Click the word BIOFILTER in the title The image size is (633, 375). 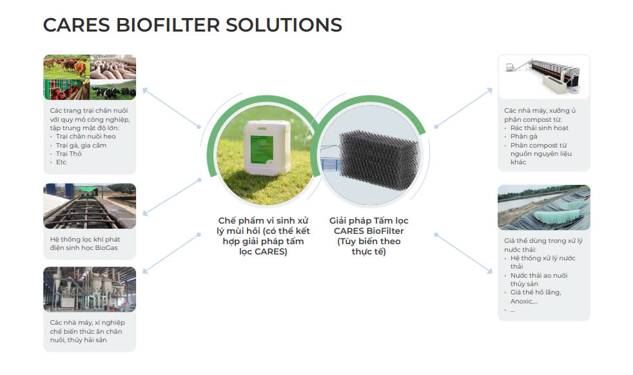[168, 25]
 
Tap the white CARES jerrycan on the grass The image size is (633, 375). [268, 148]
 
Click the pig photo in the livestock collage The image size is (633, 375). [113, 66]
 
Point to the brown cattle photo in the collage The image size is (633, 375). [66, 66]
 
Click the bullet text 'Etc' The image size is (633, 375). [61, 162]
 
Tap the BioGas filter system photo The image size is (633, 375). [90, 206]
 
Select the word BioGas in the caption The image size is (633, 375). [106, 248]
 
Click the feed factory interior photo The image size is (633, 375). [90, 289]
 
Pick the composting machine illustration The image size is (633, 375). [543, 77]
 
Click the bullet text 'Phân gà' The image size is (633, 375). [523, 137]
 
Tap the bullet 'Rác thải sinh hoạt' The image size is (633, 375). [540, 128]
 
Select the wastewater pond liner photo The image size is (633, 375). [544, 207]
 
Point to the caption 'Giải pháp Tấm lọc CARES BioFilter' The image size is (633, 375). [369, 226]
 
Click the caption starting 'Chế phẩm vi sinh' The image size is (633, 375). [263, 236]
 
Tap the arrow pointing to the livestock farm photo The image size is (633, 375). [171, 108]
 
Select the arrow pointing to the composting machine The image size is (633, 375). [463, 108]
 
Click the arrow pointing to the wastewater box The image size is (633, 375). [463, 253]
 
